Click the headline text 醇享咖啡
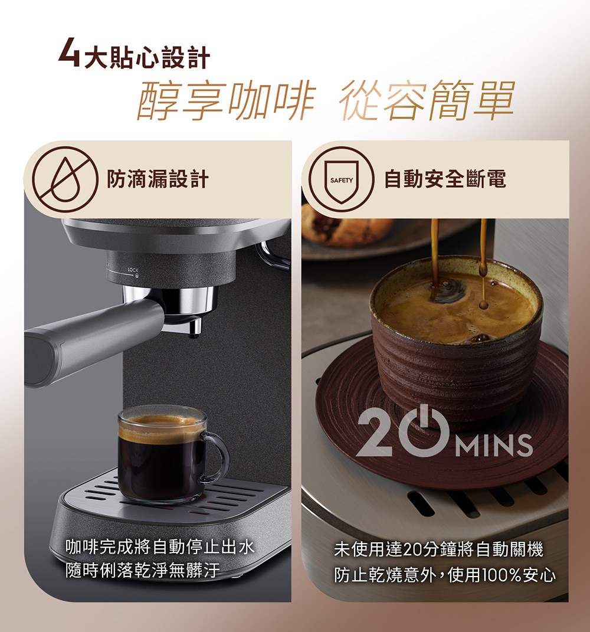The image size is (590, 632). [x=226, y=100]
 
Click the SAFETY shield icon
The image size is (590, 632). [x=341, y=179]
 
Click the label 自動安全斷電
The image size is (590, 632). [x=445, y=179]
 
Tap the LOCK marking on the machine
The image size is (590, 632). [x=132, y=270]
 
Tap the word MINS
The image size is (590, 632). [x=496, y=446]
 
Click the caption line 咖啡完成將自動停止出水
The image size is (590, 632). [x=160, y=547]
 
